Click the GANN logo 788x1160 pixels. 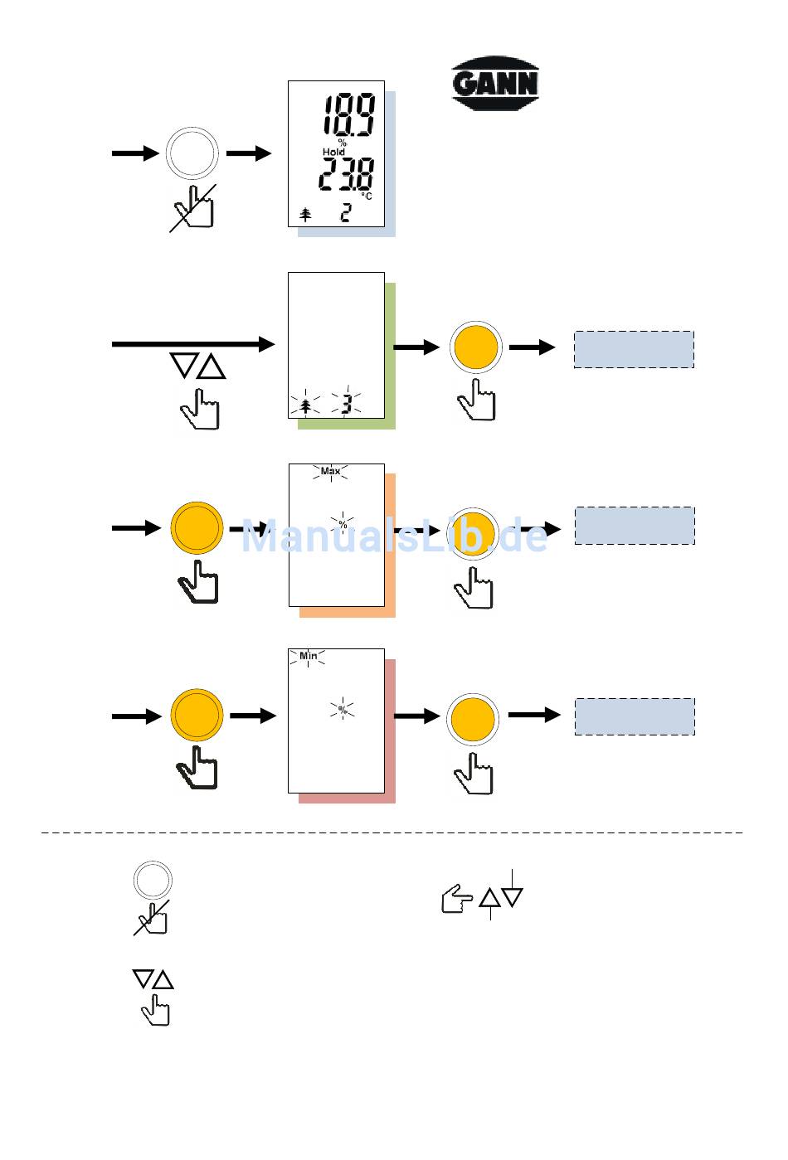click(x=495, y=84)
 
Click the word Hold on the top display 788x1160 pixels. click(x=333, y=153)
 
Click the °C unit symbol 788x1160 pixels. click(x=366, y=196)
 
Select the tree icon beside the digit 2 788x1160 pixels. click(x=305, y=215)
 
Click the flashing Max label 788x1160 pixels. click(x=330, y=472)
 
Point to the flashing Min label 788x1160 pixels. click(x=308, y=656)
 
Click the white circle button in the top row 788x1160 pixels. click(x=192, y=153)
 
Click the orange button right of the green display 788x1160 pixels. click(x=475, y=347)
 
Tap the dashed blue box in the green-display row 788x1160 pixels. click(x=634, y=349)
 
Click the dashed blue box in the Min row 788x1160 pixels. click(x=635, y=716)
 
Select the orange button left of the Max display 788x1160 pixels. click(x=197, y=528)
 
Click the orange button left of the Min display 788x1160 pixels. click(x=197, y=715)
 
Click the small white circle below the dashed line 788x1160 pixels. click(x=153, y=880)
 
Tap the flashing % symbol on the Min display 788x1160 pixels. click(x=342, y=710)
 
